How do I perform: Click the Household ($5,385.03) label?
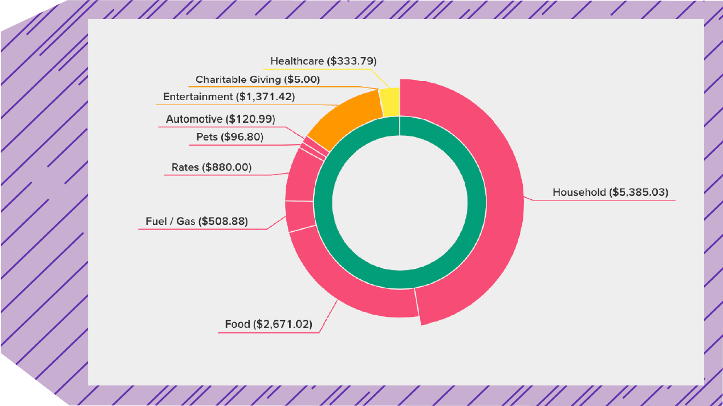[x=610, y=192]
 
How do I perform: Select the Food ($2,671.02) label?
[x=268, y=324]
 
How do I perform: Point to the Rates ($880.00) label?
[x=212, y=167]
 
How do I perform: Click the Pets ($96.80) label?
[x=230, y=137]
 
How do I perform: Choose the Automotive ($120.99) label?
[x=221, y=119]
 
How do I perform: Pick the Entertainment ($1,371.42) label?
[x=229, y=97]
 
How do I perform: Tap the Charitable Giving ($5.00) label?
[x=258, y=79]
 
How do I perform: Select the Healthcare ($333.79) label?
[x=323, y=61]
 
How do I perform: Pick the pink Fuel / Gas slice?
[x=299, y=216]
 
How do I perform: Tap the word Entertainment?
[x=198, y=97]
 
